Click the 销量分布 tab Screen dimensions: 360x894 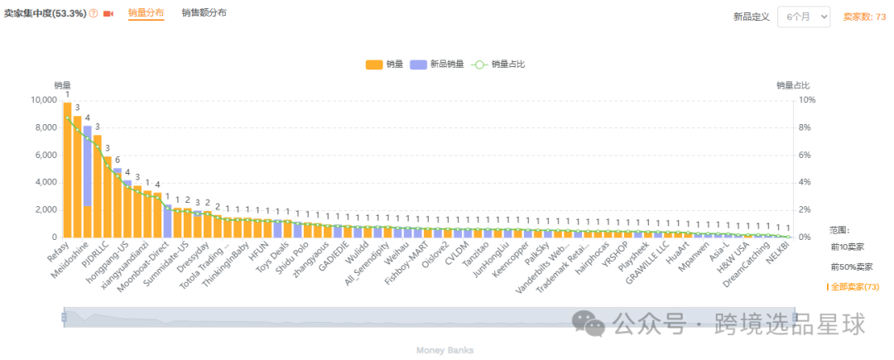click(146, 13)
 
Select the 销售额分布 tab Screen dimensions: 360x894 click(204, 13)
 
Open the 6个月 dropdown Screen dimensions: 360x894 click(803, 17)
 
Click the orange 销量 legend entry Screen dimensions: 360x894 click(384, 65)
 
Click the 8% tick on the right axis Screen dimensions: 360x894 click(806, 127)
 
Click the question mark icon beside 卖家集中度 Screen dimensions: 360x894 click(94, 14)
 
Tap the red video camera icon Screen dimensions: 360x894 click(108, 14)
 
